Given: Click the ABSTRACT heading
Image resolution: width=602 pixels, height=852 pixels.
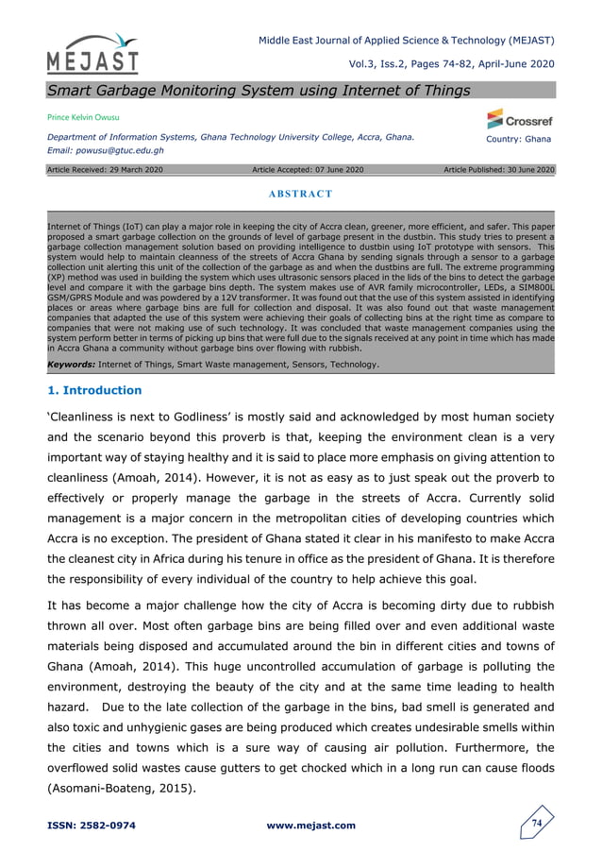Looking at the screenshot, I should click(x=300, y=194).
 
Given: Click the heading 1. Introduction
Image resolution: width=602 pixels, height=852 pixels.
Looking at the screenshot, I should click(x=94, y=390).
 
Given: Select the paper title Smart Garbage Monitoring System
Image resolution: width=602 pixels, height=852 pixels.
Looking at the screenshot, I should click(x=258, y=90).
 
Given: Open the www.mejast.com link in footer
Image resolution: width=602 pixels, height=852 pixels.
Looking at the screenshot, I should click(x=311, y=826).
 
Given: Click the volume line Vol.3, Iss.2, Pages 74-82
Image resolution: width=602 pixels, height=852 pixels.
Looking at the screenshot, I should click(x=450, y=63).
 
